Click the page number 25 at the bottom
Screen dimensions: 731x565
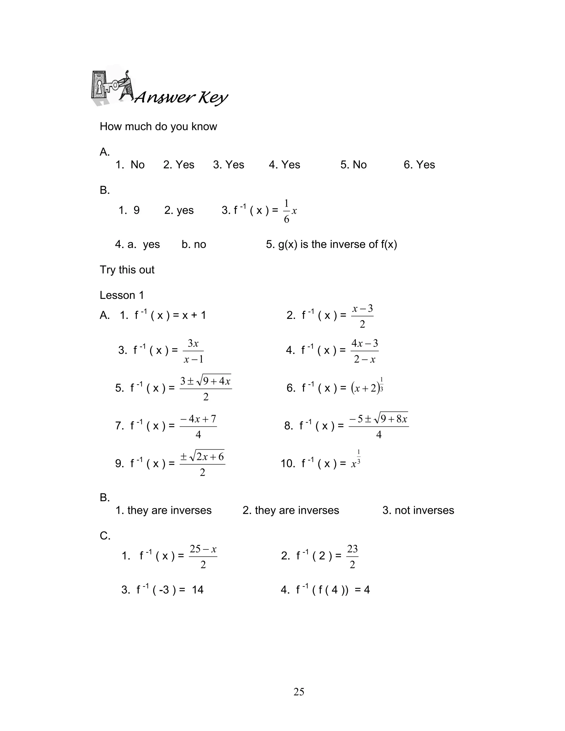299,692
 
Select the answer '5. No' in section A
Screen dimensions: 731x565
353,165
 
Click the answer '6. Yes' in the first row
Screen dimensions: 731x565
419,165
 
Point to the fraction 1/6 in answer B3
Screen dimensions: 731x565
287,211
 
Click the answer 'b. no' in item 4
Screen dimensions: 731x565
194,244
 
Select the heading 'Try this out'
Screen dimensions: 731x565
127,270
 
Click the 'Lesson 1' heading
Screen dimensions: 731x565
122,295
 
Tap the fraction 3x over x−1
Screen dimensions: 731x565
193,351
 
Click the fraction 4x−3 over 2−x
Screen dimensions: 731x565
364,351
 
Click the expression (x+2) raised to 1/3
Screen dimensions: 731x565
367,388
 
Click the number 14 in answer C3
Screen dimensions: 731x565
198,590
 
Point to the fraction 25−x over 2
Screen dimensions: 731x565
203,557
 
